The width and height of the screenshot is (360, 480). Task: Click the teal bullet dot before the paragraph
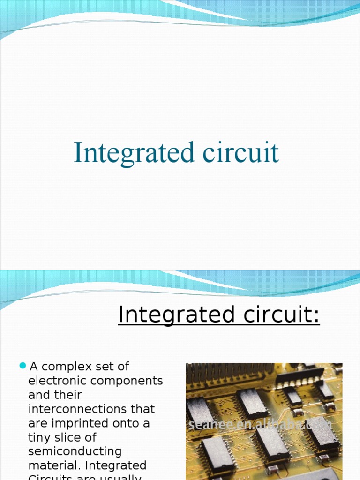click(22, 366)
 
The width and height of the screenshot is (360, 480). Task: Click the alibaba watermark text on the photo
click(260, 425)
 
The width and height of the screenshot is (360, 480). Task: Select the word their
click(68, 395)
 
